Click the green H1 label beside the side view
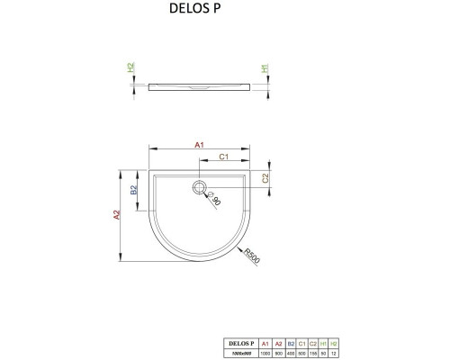coord(265,68)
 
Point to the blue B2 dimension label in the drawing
coord(133,190)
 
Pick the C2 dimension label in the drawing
coord(265,178)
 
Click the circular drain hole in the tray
coord(198,188)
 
